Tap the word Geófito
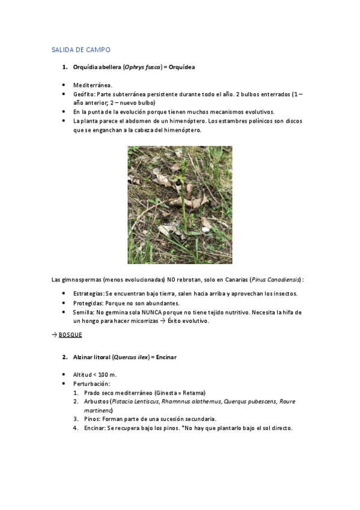pyautogui.click(x=83, y=94)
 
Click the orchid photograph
pyautogui.click(x=180, y=205)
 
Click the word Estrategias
pyautogui.click(x=88, y=293)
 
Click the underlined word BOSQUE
pyautogui.click(x=70, y=334)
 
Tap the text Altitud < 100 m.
pyautogui.click(x=95, y=375)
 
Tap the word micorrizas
pyautogui.click(x=144, y=321)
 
